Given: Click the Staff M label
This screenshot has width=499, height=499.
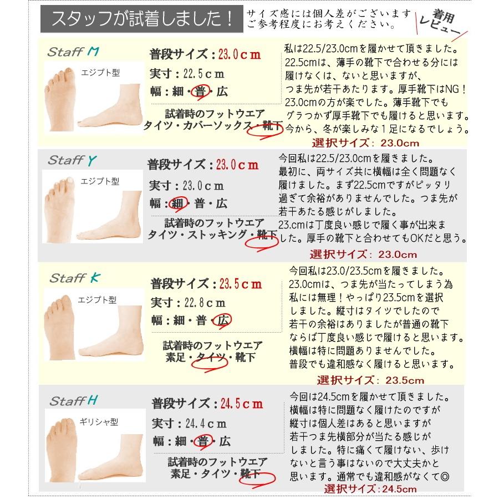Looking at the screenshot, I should (73, 53).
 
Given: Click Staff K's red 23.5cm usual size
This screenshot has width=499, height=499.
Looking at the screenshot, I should (240, 284).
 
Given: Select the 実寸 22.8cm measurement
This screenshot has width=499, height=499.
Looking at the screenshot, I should (189, 303).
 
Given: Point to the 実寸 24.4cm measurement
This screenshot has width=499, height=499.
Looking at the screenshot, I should (189, 424).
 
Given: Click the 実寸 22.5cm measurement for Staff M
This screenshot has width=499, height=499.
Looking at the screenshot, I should (188, 73).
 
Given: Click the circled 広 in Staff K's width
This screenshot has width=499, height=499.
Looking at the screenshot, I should (223, 320).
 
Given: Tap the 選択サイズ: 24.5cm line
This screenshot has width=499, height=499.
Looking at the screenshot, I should (370, 489).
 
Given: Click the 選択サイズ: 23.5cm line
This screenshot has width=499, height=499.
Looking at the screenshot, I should (370, 380).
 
